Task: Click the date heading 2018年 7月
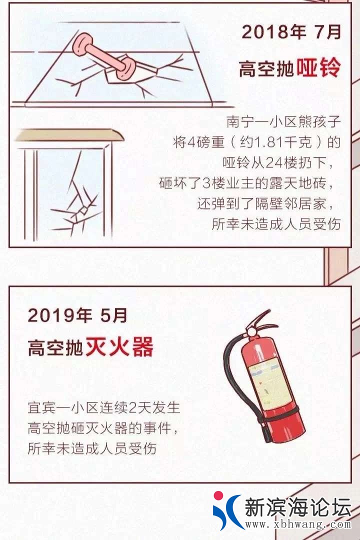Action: [291, 31]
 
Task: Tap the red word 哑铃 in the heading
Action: [318, 67]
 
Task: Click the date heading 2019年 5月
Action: [77, 315]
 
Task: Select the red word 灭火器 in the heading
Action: [119, 347]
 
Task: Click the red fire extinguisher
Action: [263, 377]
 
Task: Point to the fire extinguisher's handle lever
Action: [259, 318]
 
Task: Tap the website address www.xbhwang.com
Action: [298, 524]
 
